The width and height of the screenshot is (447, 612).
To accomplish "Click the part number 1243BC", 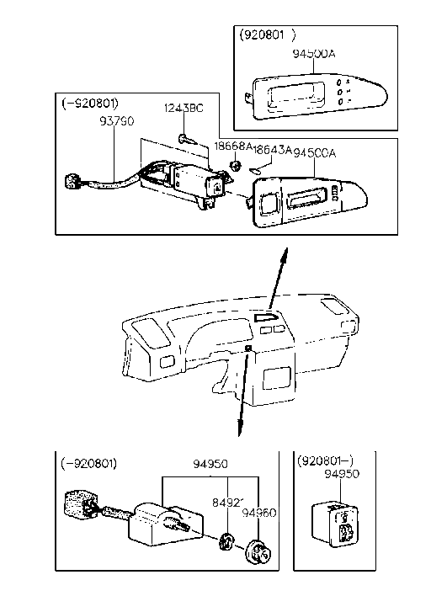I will (x=184, y=109).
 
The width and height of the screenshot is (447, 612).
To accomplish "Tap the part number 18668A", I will (x=231, y=146).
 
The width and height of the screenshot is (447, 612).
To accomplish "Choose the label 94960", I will (x=259, y=512).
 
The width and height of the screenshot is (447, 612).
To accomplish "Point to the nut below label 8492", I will (x=226, y=543).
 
